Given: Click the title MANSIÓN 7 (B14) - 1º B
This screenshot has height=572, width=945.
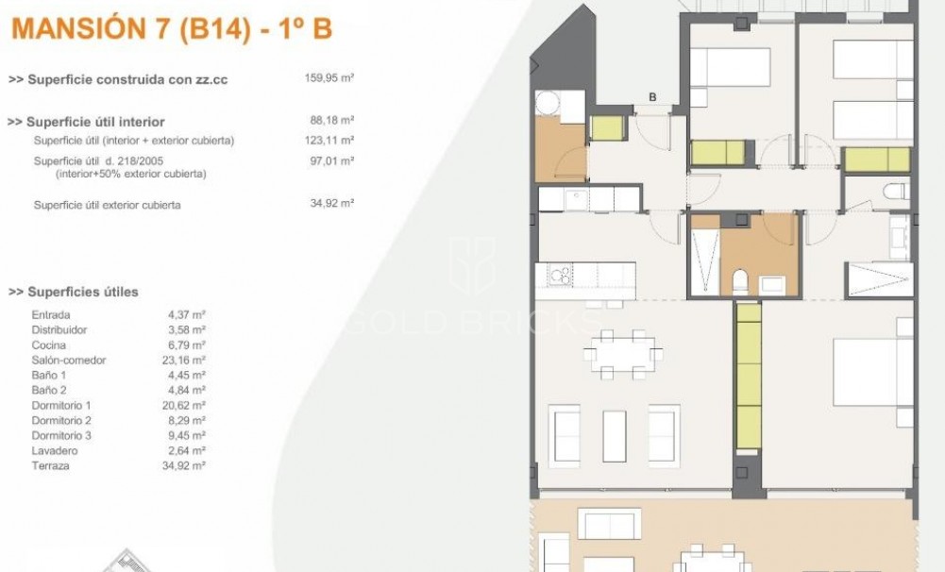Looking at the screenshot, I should pos(171,29).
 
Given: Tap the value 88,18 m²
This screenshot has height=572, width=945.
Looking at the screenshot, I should pos(331,121).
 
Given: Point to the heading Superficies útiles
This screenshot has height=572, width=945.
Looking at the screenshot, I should pos(74,292).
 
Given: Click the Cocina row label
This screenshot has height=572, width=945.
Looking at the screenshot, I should pos(49,345).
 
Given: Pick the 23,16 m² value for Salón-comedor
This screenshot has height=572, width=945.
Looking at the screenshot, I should pos(186,361).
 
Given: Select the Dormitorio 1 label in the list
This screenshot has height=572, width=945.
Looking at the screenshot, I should pos(61,406).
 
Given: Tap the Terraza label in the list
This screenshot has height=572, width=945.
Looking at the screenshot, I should pos(51,466).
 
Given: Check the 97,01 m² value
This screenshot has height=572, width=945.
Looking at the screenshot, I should pos(331,161).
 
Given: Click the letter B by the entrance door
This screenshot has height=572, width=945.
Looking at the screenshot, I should pos(652,96).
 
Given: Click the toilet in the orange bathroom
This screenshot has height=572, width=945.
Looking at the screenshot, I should pos(740,279).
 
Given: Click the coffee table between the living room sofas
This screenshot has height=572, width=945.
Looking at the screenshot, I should pos(615,435).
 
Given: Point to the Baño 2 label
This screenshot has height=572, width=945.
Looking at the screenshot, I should pos(49,391).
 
